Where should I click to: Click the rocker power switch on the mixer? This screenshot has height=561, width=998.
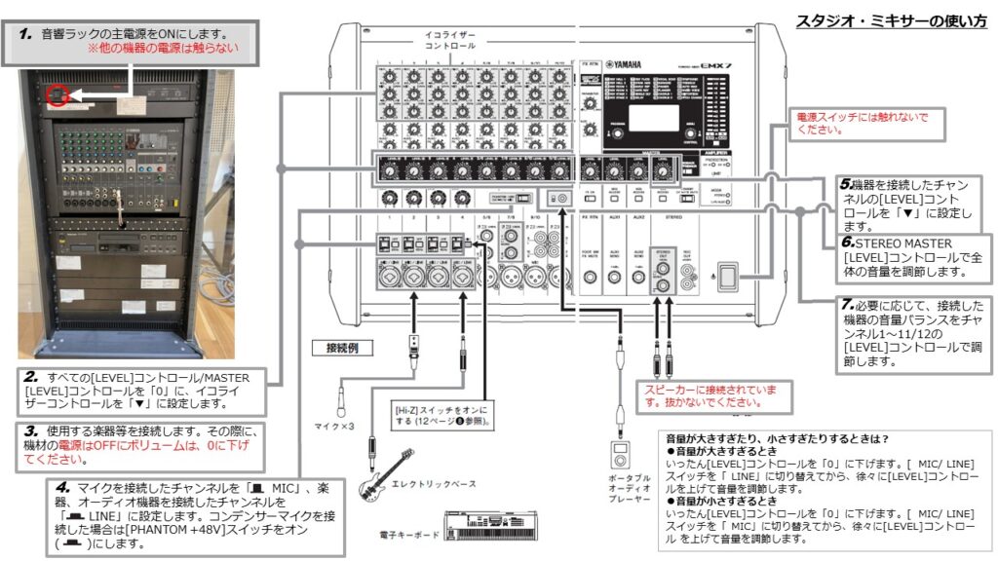[726, 277]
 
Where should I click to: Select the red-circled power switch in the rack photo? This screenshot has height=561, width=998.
[56, 95]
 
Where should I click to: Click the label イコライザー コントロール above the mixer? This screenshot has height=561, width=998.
[449, 40]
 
